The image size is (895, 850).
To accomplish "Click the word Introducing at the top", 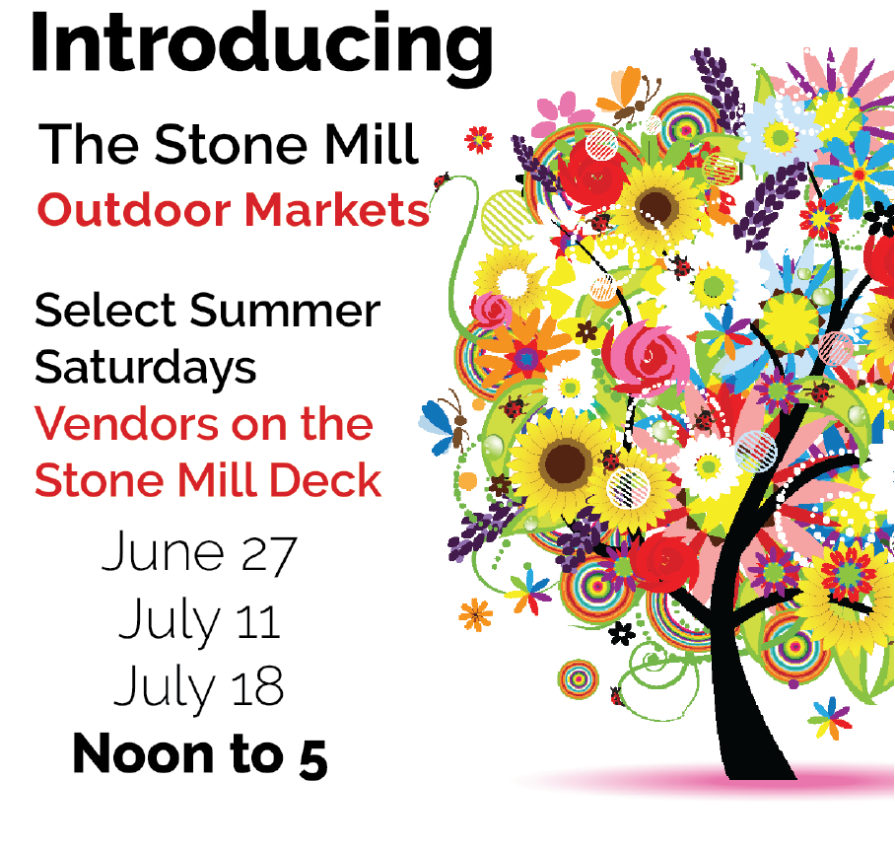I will [x=261, y=44].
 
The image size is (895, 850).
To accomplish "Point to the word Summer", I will [x=284, y=312].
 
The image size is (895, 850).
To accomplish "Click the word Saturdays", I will [x=145, y=367].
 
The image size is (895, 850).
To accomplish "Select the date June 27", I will [x=197, y=554].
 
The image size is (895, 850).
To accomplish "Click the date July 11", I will [x=200, y=621].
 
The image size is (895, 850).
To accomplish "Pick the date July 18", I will [x=199, y=686].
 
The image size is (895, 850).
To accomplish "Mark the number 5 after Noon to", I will [x=312, y=756].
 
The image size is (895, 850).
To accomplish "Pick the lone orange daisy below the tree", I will [x=475, y=614].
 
